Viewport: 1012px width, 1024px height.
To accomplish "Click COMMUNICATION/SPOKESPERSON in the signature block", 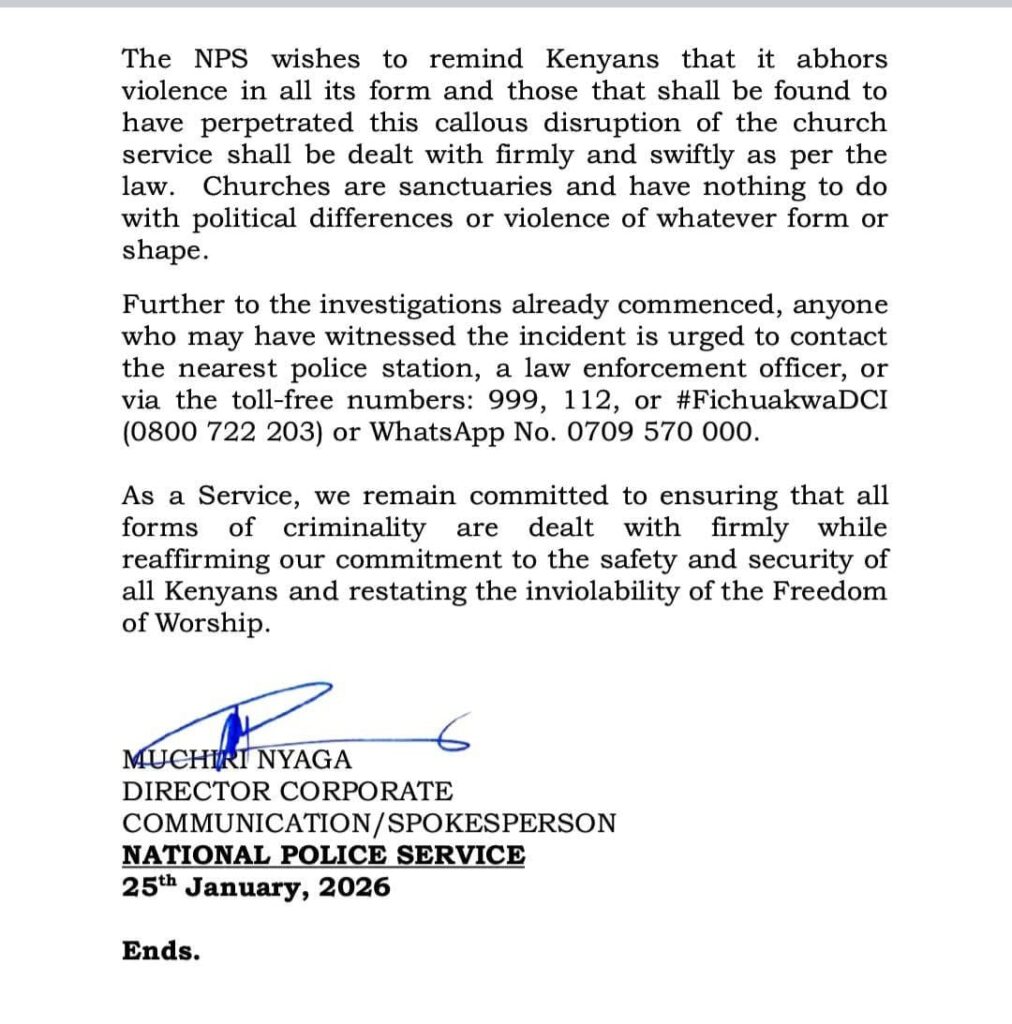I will (369, 823).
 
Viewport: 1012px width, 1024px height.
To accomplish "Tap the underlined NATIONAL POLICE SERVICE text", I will (323, 855).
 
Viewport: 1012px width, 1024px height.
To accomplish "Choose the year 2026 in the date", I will (353, 887).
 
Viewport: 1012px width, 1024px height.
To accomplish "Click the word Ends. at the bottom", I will (161, 951).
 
